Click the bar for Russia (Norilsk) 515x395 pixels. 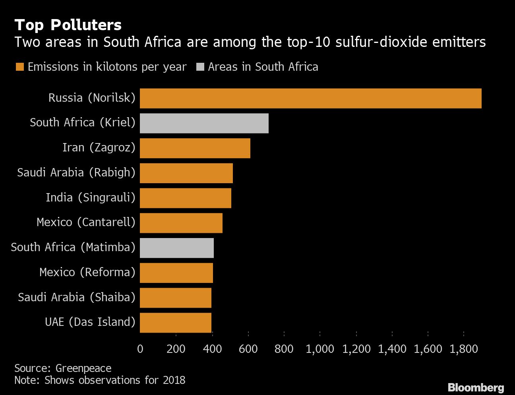tap(310, 98)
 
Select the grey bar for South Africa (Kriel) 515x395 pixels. tap(204, 123)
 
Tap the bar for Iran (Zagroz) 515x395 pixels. tap(195, 148)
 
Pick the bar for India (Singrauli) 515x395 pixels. tap(186, 198)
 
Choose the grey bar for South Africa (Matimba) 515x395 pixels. tap(177, 248)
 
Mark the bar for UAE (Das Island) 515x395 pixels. tap(176, 322)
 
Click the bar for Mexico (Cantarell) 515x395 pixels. tap(181, 223)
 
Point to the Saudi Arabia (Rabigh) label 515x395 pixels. tap(76, 172)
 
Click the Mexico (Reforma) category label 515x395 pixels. tap(87, 272)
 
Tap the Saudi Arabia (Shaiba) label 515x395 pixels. tap(77, 297)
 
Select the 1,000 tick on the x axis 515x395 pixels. tap(320, 349)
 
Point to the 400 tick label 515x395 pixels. tap(212, 349)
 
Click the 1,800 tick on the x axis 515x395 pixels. tap(464, 349)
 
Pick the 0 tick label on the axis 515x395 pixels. tap(140, 349)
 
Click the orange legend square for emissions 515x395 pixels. tap(20, 67)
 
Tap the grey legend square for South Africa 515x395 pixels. tap(200, 67)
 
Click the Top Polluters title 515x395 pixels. tap(68, 25)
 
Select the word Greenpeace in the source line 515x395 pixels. tap(83, 368)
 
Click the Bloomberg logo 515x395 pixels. tap(476, 387)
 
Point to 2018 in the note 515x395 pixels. tap(174, 380)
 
